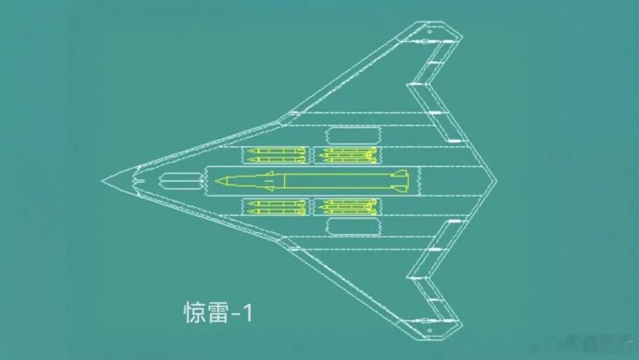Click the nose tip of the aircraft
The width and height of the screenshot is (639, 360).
(103, 180)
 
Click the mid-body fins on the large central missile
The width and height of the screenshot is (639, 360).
(269, 181)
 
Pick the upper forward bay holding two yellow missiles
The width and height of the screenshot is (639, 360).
(276, 155)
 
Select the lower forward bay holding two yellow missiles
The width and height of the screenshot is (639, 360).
(276, 207)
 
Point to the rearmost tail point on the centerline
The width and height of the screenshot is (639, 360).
(496, 181)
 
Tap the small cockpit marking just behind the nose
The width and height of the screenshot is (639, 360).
(138, 180)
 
